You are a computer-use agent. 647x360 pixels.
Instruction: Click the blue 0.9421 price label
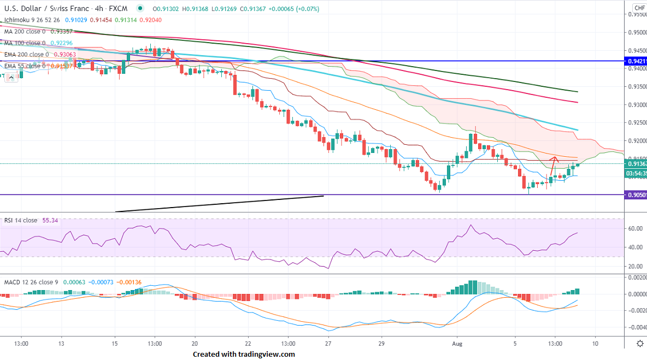tap(636, 61)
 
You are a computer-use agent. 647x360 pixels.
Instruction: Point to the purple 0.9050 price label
tap(636, 194)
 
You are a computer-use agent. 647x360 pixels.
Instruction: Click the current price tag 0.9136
tap(636, 163)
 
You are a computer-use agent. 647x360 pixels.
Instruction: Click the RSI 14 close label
tap(21, 220)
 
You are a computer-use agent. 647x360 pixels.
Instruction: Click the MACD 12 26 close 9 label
tap(31, 282)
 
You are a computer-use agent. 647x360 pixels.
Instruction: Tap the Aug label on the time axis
tap(458, 343)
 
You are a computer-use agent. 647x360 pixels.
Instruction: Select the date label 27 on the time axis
tap(328, 343)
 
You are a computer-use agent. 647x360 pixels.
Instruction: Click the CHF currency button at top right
tap(639, 8)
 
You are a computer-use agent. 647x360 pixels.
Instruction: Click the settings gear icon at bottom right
tap(639, 343)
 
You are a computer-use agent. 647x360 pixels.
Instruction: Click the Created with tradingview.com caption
tap(244, 354)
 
